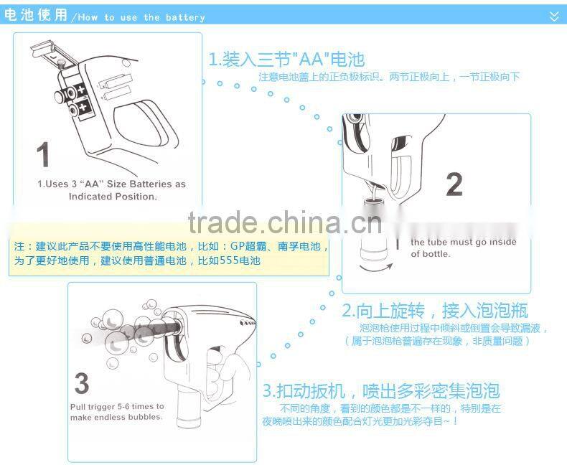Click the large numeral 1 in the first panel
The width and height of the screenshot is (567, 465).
(x=43, y=155)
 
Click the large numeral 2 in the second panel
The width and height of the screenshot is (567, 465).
(x=454, y=184)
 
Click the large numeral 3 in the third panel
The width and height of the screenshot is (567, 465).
(x=82, y=384)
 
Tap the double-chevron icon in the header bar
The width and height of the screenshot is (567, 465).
(x=553, y=16)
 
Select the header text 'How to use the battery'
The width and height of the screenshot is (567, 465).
(x=141, y=17)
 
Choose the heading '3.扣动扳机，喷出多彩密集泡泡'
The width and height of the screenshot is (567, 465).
(x=380, y=391)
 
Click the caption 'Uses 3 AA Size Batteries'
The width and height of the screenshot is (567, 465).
(x=111, y=189)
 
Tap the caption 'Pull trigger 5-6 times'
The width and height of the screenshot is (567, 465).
(x=116, y=411)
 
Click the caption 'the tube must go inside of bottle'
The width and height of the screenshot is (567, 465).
(x=463, y=248)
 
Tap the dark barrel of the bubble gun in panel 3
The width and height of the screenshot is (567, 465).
(x=154, y=329)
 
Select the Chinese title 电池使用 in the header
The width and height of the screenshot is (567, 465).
(x=36, y=16)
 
